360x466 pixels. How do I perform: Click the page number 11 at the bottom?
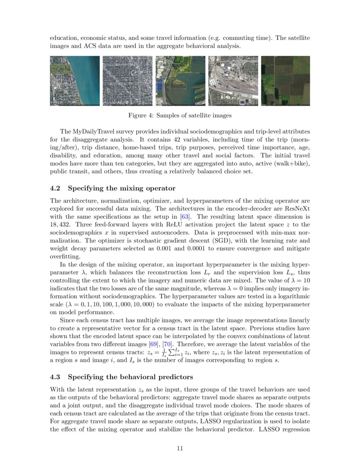coord(180,448)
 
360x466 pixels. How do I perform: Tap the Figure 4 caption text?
coord(180,115)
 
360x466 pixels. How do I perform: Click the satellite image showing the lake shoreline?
coord(75,80)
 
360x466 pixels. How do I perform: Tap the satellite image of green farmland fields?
coord(285,80)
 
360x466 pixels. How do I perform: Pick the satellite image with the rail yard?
coord(233,80)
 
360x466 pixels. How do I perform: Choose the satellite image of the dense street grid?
coord(127,80)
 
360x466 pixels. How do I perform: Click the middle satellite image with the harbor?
coord(180,80)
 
